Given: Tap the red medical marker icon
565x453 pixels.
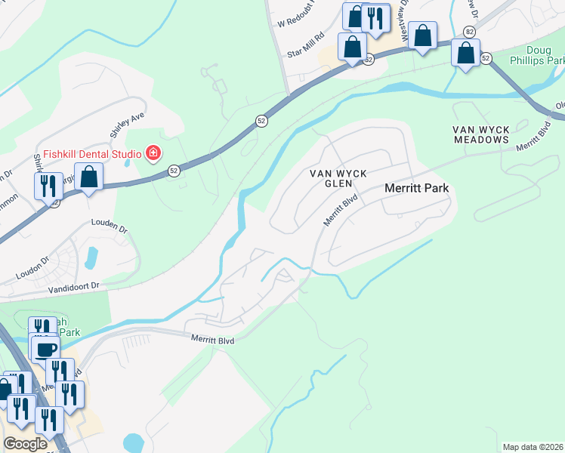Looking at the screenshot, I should (153, 154).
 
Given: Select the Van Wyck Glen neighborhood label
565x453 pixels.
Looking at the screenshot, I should (339, 178).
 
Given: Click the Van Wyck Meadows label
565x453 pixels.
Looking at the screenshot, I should (481, 135).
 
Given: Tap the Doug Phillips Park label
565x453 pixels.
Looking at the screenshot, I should (537, 54).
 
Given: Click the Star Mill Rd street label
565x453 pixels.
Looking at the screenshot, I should (306, 45).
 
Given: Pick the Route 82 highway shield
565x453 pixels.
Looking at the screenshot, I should (470, 31).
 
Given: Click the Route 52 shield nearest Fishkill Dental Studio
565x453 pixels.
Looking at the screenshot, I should (174, 171).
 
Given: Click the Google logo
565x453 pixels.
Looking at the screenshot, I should (25, 444).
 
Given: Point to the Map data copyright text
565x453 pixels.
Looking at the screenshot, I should (533, 447).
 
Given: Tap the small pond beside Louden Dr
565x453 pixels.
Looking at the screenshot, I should (93, 257).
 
